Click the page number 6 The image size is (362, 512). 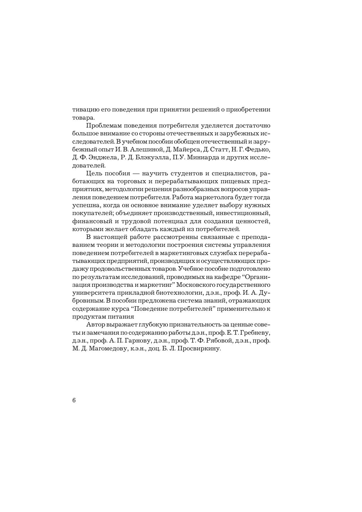click(74, 400)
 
